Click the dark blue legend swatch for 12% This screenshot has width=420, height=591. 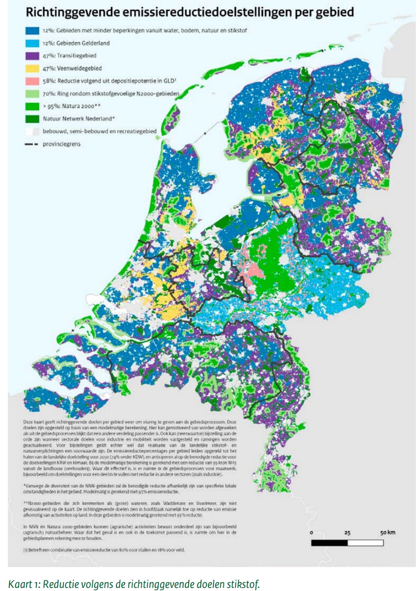click(32, 31)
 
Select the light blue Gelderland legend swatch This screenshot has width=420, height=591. click(32, 43)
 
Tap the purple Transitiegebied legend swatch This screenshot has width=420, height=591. click(32, 56)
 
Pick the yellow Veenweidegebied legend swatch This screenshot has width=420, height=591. click(32, 68)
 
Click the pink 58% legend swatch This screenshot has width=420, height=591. click(32, 81)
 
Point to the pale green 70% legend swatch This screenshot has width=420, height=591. click(32, 94)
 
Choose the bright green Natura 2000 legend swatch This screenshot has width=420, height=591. click(32, 106)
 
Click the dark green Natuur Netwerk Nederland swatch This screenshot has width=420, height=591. click(32, 119)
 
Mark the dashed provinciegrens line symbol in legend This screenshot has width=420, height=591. click(32, 144)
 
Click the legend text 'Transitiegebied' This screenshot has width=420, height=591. click(77, 56)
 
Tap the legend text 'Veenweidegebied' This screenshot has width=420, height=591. click(79, 68)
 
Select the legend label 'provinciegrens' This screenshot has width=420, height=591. click(62, 144)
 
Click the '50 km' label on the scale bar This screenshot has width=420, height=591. click(387, 533)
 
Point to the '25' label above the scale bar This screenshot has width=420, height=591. click(347, 533)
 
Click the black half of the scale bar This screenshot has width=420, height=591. click(329, 543)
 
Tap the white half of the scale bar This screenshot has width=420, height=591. click(365, 543)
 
